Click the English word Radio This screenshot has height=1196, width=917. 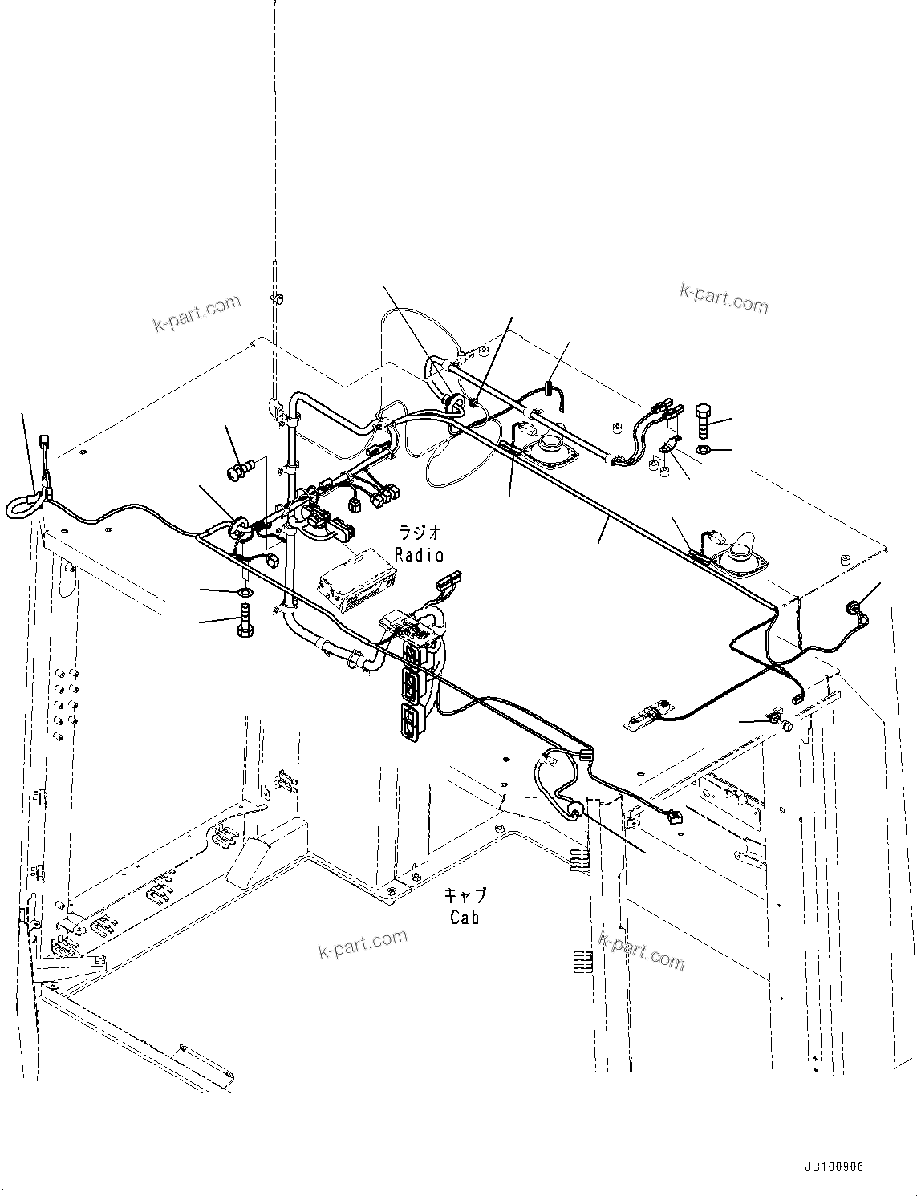coord(419,554)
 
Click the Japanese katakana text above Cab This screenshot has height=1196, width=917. coord(467,894)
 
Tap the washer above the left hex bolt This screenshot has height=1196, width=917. coord(245,592)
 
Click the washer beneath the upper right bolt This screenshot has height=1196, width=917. coord(702,451)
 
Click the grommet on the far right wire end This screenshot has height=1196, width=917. coord(854,610)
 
